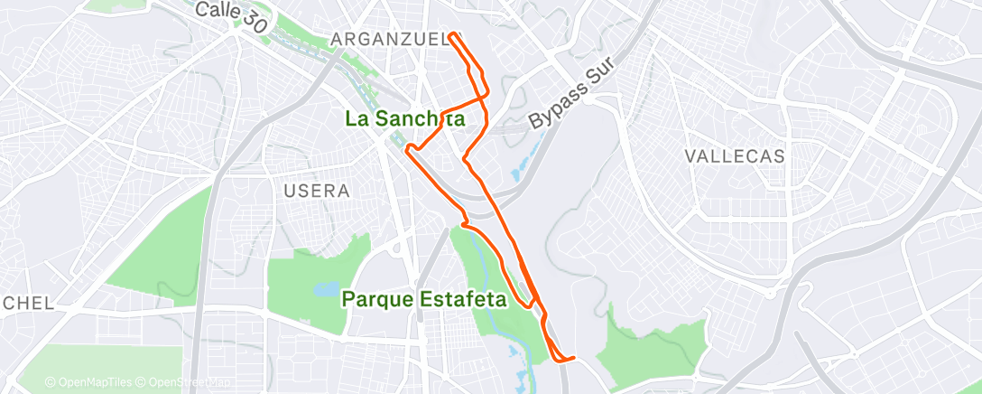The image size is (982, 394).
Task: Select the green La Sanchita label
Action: click(406, 118)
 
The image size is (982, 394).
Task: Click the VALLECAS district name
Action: click(734, 155)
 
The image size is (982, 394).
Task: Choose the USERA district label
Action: click(316, 191)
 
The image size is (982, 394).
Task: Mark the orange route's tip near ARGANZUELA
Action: click(450, 35)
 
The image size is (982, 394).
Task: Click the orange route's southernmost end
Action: click(573, 359)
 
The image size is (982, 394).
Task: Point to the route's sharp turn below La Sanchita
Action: click(408, 148)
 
